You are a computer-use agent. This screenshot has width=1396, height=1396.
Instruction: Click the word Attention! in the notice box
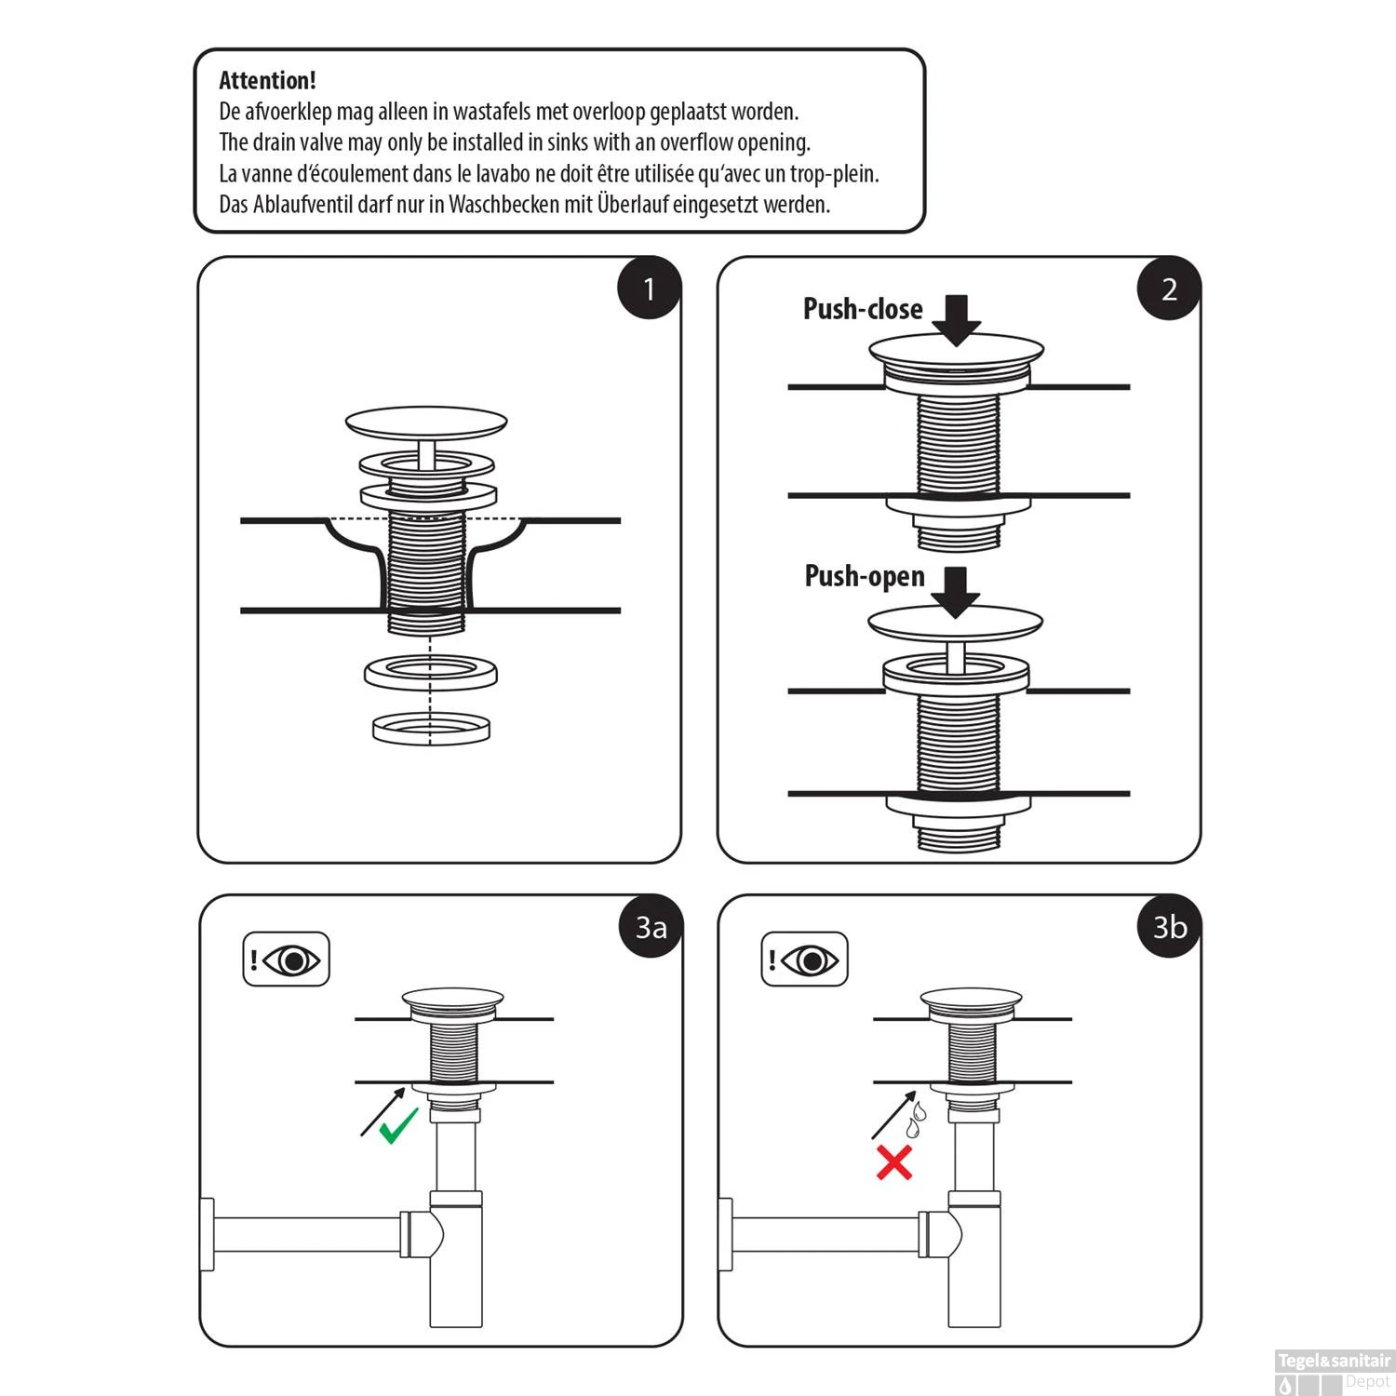267,81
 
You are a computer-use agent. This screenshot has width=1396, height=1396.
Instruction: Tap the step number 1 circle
650,289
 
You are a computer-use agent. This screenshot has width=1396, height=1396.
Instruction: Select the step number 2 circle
1169,289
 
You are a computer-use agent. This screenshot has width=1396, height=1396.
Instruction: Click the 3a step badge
651,928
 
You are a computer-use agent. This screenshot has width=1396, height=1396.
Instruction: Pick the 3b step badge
1170,928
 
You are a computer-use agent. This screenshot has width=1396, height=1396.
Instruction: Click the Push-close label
863,310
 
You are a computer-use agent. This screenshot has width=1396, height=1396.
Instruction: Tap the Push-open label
865,577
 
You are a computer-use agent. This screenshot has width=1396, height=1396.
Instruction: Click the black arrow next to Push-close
956,319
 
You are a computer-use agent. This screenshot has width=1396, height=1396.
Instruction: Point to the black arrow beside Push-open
956,591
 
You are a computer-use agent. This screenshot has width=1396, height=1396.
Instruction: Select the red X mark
894,1162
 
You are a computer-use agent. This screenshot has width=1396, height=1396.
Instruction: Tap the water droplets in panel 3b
917,1120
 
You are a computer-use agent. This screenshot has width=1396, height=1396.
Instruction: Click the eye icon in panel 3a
293,960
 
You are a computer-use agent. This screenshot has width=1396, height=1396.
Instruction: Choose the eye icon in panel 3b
812,960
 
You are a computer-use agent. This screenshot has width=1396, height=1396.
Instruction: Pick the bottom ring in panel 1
430,729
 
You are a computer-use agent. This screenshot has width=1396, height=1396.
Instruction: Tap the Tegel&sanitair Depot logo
1334,1371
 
